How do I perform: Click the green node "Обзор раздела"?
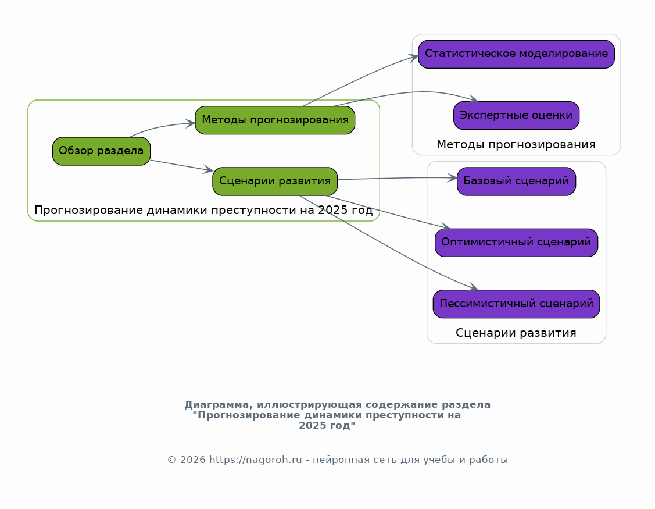pyautogui.click(x=101, y=151)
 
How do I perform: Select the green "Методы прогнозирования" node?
pyautogui.click(x=275, y=120)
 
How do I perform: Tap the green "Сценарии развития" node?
pyautogui.click(x=275, y=181)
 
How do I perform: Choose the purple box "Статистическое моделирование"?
pyautogui.click(x=516, y=54)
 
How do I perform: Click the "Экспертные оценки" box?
pyautogui.click(x=516, y=115)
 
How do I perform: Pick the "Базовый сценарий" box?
pyautogui.click(x=516, y=181)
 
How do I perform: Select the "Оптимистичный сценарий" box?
pyautogui.click(x=516, y=243)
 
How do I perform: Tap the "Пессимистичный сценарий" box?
pyautogui.click(x=516, y=304)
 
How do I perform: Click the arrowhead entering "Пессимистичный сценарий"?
pyautogui.click(x=473, y=287)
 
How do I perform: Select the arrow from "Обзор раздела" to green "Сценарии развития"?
pyautogui.click(x=180, y=165)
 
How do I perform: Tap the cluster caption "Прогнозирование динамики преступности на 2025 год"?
pyautogui.click(x=203, y=210)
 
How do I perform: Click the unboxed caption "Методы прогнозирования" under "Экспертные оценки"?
pyautogui.click(x=516, y=144)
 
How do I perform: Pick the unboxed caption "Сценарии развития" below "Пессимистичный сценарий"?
pyautogui.click(x=516, y=333)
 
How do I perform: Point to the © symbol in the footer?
pyautogui.click(x=171, y=460)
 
